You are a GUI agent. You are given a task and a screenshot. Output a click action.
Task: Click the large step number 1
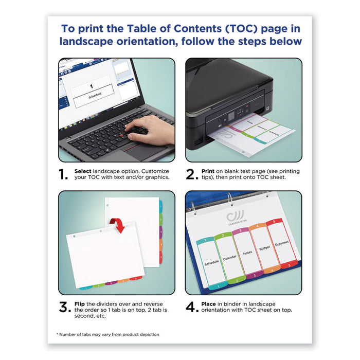click(63, 175)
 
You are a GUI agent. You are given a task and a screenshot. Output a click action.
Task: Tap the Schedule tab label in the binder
click(211, 261)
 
